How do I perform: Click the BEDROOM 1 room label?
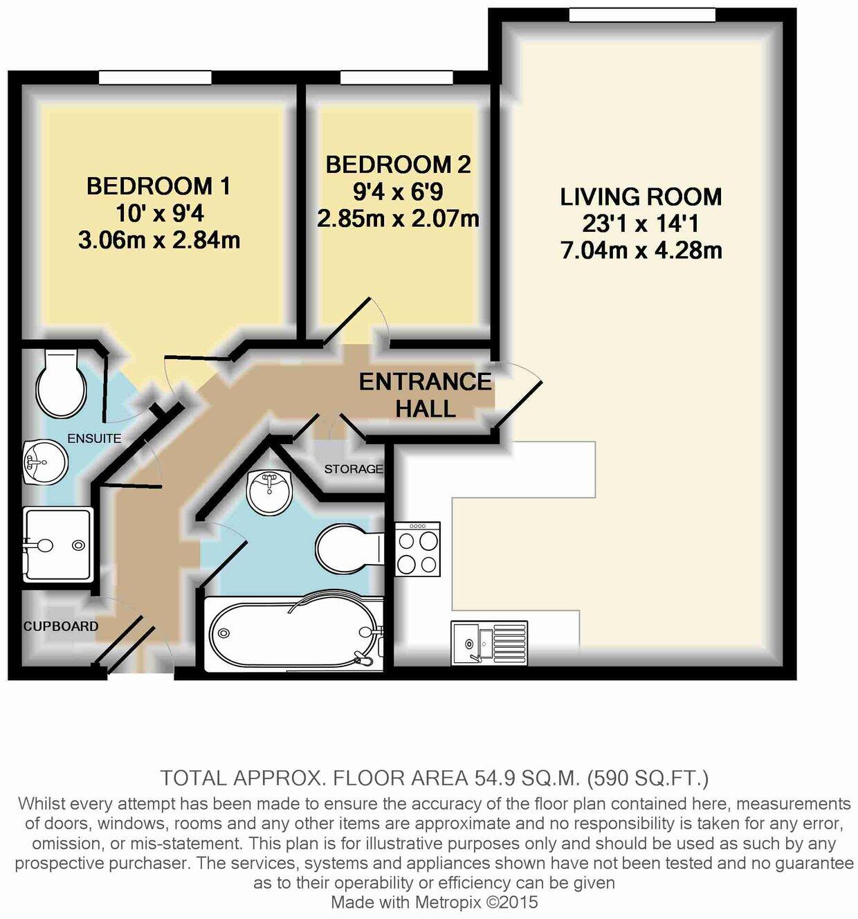pos(158,186)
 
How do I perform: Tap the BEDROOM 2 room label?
pos(398,165)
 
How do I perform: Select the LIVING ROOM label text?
pos(641,197)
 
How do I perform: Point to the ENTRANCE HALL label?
pos(425,394)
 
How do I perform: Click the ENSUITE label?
pos(94,438)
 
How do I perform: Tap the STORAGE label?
pos(354,469)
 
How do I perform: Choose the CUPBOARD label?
pos(61,626)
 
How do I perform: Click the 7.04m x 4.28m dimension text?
pos(641,250)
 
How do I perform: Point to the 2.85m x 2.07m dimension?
pos(398,219)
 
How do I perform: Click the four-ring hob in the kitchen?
pos(417,549)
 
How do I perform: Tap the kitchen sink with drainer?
pos(489,643)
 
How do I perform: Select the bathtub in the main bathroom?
pos(294,633)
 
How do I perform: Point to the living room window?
pos(642,15)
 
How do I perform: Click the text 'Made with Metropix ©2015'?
pos(434,902)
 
